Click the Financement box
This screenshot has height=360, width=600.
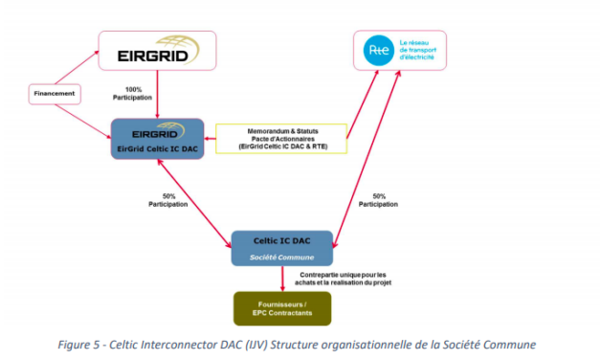coord(54,95)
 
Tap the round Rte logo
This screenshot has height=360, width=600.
coord(377,48)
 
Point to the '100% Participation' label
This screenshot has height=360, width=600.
coord(134,94)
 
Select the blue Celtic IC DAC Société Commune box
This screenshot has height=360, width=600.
coord(282,247)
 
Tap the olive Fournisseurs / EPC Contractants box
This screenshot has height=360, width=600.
coord(282,308)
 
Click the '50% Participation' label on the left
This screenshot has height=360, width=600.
coord(163,199)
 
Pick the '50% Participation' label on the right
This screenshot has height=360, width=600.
coord(378,199)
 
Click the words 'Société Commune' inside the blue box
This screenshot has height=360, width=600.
coord(282,257)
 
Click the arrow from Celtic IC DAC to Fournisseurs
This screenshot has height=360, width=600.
coord(282,278)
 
